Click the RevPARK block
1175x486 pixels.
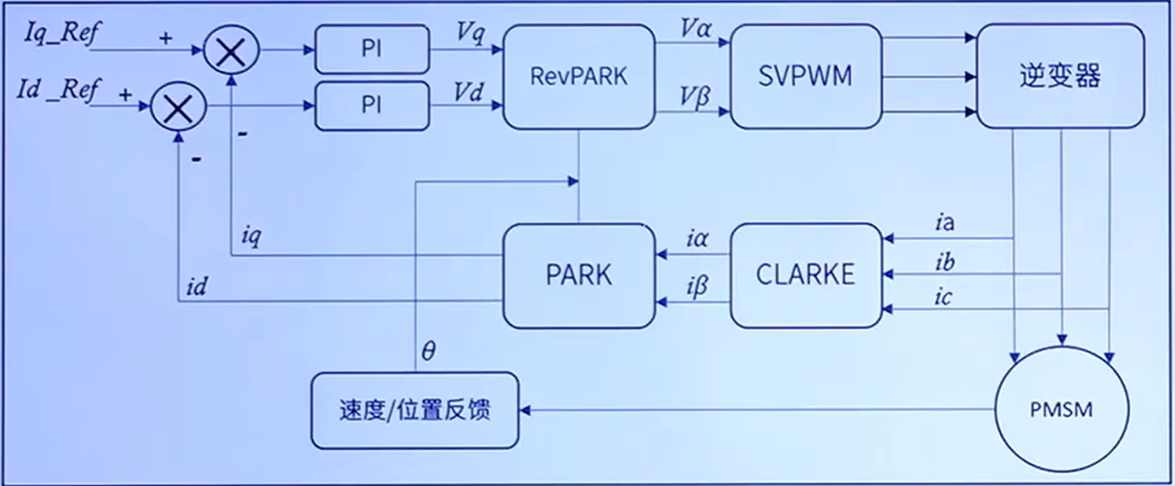point(577,75)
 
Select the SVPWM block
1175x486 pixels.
point(805,75)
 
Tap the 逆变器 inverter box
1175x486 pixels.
point(1060,75)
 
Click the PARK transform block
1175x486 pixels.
point(577,274)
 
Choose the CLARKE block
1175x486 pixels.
point(805,274)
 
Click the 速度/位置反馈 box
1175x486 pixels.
point(414,410)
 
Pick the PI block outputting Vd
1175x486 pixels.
point(371,106)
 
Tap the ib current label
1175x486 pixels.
point(944,262)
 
